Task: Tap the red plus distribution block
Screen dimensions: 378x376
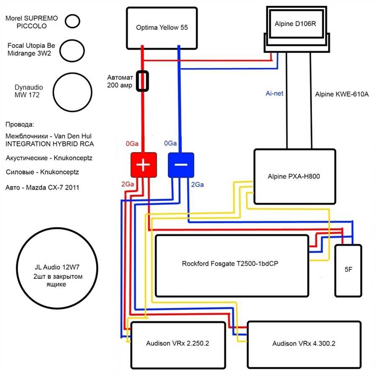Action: click(144, 165)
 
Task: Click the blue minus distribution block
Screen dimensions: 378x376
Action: click(181, 165)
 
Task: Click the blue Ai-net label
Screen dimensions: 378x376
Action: click(274, 93)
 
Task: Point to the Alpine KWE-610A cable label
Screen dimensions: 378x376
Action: click(342, 94)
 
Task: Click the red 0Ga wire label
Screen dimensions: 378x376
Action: click(132, 143)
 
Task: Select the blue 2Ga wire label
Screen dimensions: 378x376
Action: click(197, 185)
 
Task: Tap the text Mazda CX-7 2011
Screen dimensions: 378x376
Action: click(52, 188)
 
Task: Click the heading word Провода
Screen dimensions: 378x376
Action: click(20, 124)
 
